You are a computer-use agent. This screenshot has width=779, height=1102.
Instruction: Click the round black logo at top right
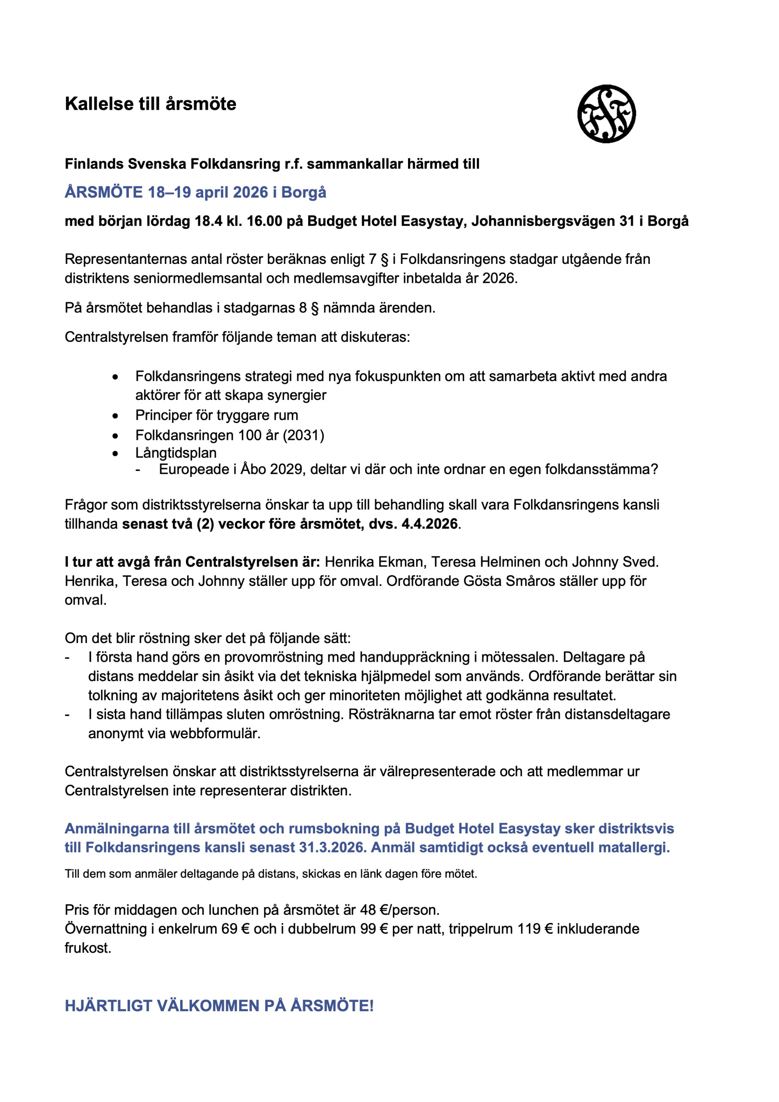(606, 114)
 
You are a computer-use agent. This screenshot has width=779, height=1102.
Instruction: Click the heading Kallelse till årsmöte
(150, 104)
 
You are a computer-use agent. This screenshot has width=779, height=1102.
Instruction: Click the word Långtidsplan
(176, 453)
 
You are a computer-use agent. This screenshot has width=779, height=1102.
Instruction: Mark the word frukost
(88, 948)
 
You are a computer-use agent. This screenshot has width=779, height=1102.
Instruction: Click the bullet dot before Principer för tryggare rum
(115, 416)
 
